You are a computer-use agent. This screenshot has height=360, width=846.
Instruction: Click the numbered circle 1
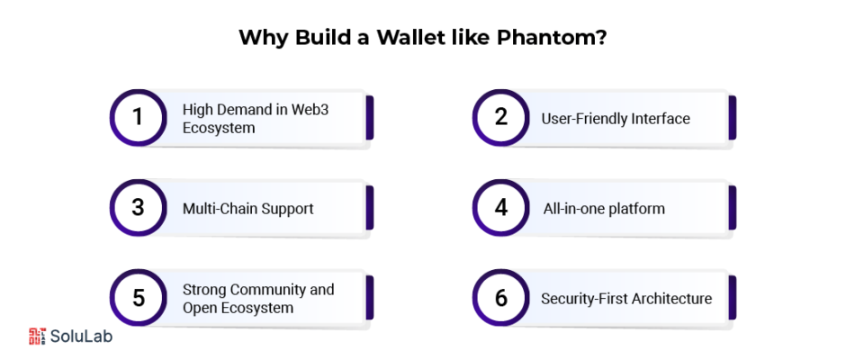[x=138, y=118]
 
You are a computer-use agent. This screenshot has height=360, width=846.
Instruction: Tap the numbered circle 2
[x=500, y=118]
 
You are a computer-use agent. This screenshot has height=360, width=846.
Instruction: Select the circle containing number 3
[x=138, y=208]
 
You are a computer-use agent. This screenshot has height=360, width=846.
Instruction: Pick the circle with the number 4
[x=500, y=208]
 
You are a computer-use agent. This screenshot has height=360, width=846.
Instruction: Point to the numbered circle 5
[x=138, y=298]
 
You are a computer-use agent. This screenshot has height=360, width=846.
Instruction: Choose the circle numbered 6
[x=500, y=298]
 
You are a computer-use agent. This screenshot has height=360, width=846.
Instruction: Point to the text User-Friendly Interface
[x=616, y=119]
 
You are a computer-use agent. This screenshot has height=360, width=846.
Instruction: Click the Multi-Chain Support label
[x=247, y=208]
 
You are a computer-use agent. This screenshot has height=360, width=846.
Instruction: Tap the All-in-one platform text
[x=604, y=208]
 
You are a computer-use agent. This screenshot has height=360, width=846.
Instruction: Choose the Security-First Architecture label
[x=626, y=299]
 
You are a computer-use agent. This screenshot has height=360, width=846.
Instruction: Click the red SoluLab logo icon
[x=37, y=336]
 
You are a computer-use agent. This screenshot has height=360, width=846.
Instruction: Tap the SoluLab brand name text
[x=81, y=337]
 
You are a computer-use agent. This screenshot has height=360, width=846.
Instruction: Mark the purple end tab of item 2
[x=733, y=118]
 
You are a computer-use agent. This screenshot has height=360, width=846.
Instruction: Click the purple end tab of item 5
[x=370, y=298]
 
